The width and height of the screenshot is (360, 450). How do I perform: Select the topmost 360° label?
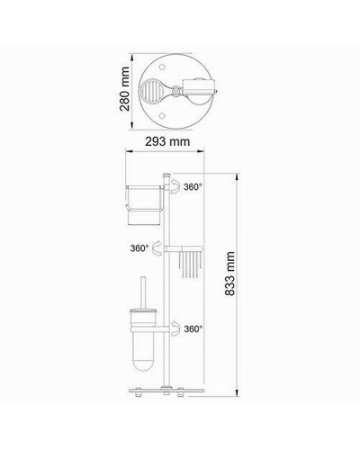193,187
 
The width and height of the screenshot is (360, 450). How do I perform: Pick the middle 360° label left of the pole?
139,247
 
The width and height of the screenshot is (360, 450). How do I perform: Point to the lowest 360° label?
193,329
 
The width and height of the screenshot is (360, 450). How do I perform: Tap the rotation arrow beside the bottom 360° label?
174,328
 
